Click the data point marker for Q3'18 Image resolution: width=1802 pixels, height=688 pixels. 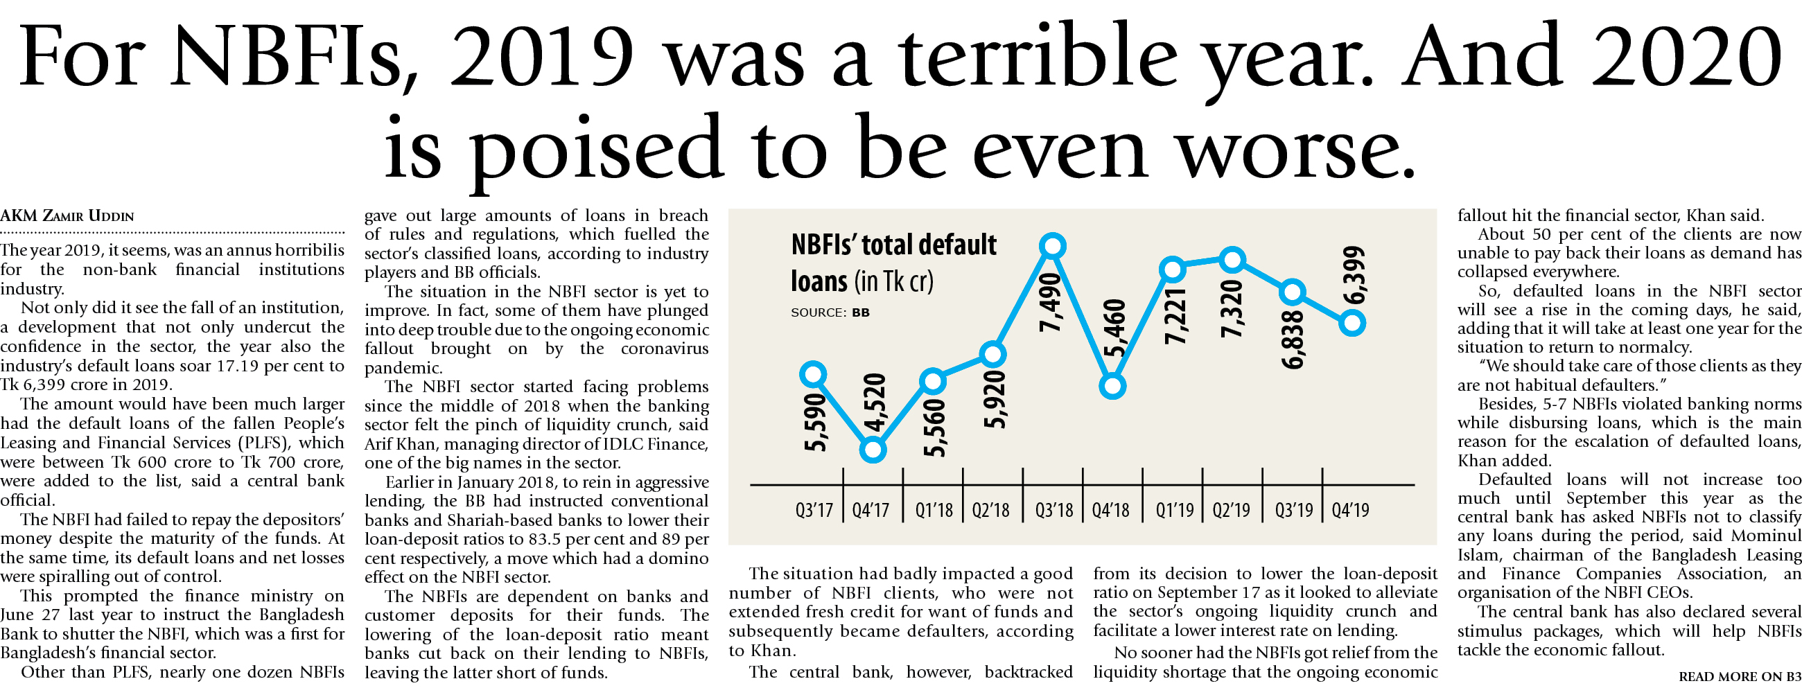click(1052, 246)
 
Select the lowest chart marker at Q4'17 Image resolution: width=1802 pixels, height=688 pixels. click(873, 450)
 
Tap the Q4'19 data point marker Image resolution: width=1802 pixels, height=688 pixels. click(1352, 323)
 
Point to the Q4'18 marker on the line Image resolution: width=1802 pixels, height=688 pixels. click(1112, 385)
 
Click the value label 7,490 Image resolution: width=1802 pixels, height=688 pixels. click(1051, 302)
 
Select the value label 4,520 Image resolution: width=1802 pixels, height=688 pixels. click(875, 403)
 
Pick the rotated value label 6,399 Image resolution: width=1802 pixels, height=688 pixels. click(1354, 275)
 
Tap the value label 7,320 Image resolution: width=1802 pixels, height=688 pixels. click(1232, 308)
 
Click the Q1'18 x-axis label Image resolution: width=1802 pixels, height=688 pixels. click(934, 511)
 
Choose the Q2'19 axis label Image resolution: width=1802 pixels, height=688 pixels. click(1231, 511)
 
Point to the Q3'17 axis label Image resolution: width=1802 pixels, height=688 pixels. click(814, 511)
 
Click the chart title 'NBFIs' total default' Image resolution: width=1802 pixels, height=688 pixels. click(893, 245)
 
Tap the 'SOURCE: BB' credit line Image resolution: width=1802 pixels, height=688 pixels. click(830, 312)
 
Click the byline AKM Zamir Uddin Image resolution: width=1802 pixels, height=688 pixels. click(67, 216)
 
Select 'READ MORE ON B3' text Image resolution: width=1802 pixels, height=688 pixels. click(1739, 676)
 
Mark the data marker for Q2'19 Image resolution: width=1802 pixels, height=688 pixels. click(1232, 260)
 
